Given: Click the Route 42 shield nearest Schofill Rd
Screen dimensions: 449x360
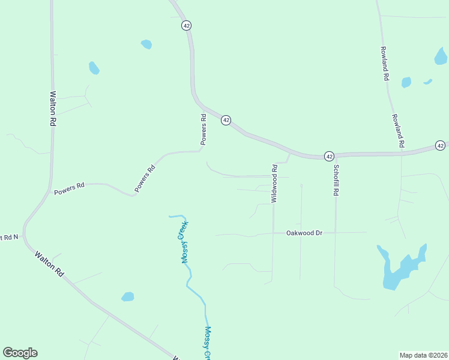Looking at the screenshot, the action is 329,155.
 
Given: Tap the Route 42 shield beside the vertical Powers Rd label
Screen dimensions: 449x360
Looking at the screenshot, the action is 226,120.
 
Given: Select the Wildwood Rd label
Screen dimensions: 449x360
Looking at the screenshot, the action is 274,183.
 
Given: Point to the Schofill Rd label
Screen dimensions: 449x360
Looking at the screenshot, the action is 336,181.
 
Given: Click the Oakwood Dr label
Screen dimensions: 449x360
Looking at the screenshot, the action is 304,232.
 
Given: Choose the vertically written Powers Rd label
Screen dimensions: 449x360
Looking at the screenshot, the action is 203,130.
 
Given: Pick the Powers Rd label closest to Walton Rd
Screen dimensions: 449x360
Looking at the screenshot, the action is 69,189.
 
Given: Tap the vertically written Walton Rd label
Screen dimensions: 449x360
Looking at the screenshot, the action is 53,108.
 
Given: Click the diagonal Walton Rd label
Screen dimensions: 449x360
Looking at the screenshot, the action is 49,263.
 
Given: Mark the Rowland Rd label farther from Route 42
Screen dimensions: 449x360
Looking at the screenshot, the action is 385,64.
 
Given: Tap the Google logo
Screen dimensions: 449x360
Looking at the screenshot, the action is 20,353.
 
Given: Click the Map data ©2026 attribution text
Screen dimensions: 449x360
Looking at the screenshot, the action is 424,355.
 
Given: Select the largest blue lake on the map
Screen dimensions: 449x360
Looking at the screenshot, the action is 400,267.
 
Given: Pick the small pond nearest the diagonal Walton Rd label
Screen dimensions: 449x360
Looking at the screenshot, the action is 127,296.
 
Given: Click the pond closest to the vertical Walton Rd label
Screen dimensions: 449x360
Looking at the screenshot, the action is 94,68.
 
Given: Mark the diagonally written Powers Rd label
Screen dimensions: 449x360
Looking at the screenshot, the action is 145,178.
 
